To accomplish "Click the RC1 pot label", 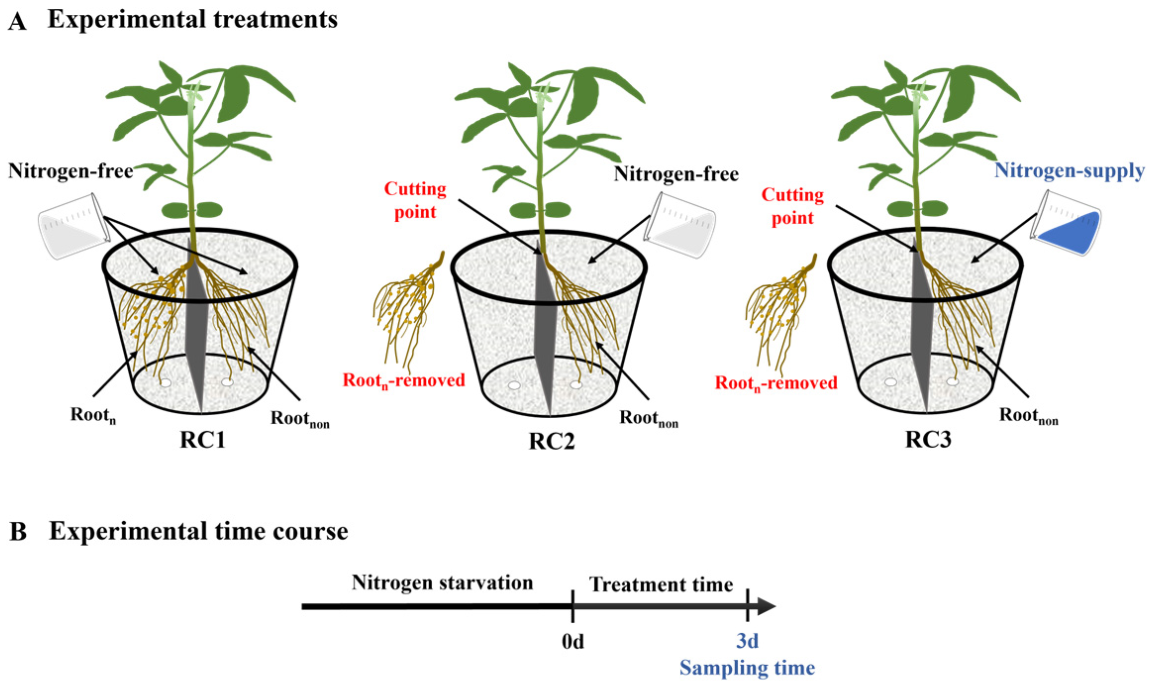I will (202, 440).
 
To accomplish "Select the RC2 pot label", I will (552, 441).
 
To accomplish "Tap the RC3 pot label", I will (928, 440).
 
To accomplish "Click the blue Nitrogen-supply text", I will (1069, 171).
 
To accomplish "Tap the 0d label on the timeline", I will (573, 641).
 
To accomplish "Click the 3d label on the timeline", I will (747, 641).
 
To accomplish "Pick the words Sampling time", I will (747, 668).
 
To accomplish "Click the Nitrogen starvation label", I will (442, 583).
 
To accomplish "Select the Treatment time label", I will (661, 585).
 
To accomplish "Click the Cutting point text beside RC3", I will (792, 206).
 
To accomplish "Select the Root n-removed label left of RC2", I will (403, 381).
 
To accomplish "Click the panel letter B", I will (18, 532).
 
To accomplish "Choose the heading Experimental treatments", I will (192, 20).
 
